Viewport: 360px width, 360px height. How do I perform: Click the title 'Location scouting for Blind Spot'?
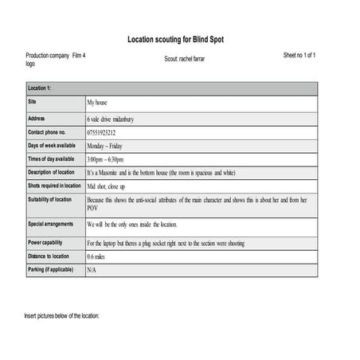[180, 39]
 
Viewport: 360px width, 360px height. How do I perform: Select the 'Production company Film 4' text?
[56, 55]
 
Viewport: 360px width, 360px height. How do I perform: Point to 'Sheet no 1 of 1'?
[299, 55]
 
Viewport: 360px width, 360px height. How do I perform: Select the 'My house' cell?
[100, 104]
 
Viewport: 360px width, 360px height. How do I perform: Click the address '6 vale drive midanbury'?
[110, 119]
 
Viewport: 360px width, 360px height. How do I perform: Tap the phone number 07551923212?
[102, 132]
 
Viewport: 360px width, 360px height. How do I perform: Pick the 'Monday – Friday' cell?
[110, 147]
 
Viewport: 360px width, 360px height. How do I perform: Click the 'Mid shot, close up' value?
[106, 186]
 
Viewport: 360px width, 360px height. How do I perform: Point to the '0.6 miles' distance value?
[97, 256]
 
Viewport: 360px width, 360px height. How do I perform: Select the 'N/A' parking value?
[92, 270]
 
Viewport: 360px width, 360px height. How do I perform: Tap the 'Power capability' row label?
[47, 242]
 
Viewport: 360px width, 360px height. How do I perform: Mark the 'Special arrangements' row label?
[52, 225]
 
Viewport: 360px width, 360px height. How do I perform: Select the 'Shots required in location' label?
[55, 186]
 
